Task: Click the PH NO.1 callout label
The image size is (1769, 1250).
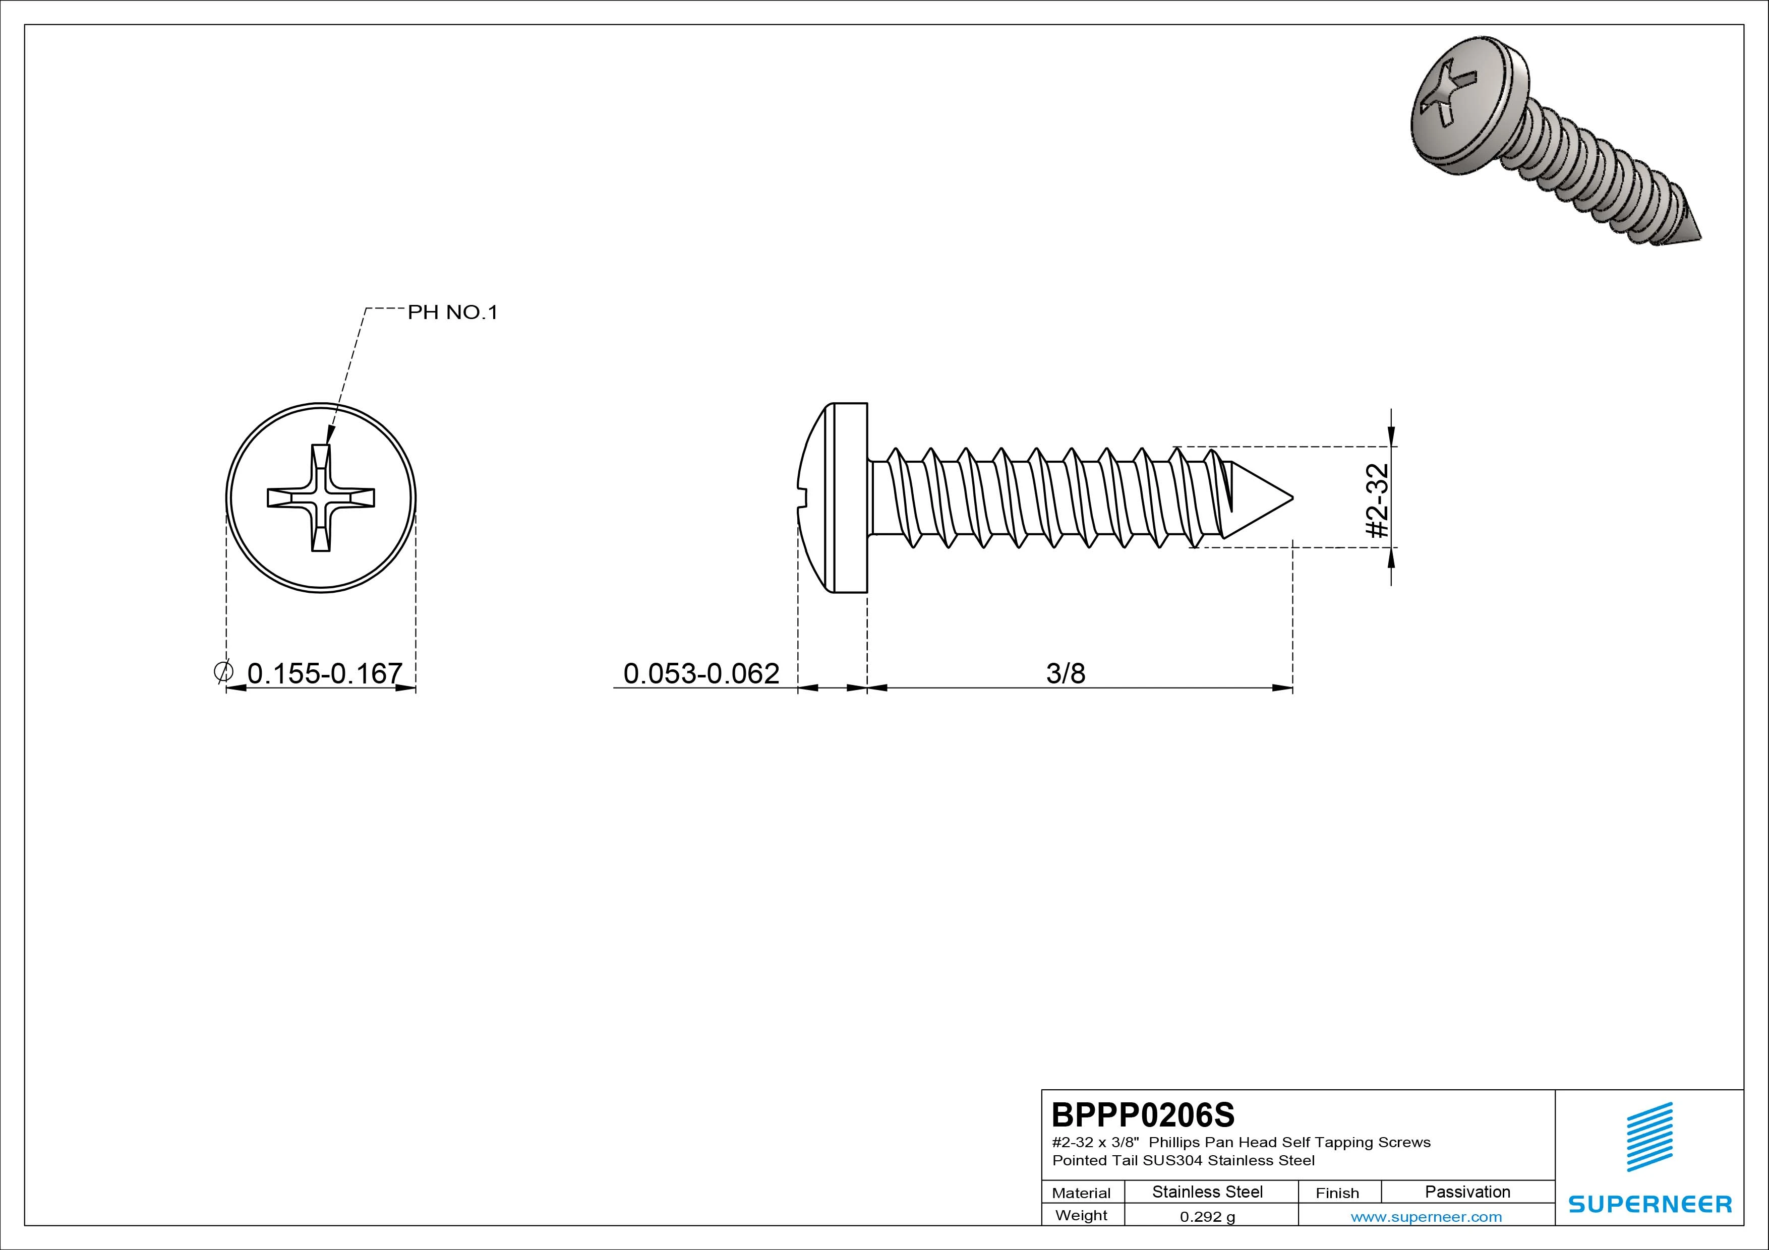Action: pyautogui.click(x=452, y=312)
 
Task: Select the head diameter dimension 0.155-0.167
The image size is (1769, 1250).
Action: pyautogui.click(x=324, y=673)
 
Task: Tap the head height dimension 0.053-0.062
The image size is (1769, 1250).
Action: pyautogui.click(x=701, y=673)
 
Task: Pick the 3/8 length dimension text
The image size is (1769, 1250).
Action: pyautogui.click(x=1066, y=673)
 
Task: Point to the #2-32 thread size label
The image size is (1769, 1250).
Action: pyautogui.click(x=1376, y=500)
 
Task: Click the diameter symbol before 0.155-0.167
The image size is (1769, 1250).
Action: pyautogui.click(x=223, y=671)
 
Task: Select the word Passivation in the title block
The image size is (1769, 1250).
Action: pyautogui.click(x=1467, y=1192)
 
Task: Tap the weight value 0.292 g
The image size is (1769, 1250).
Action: pyautogui.click(x=1207, y=1217)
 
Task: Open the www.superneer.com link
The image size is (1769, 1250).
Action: pyautogui.click(x=1426, y=1217)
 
